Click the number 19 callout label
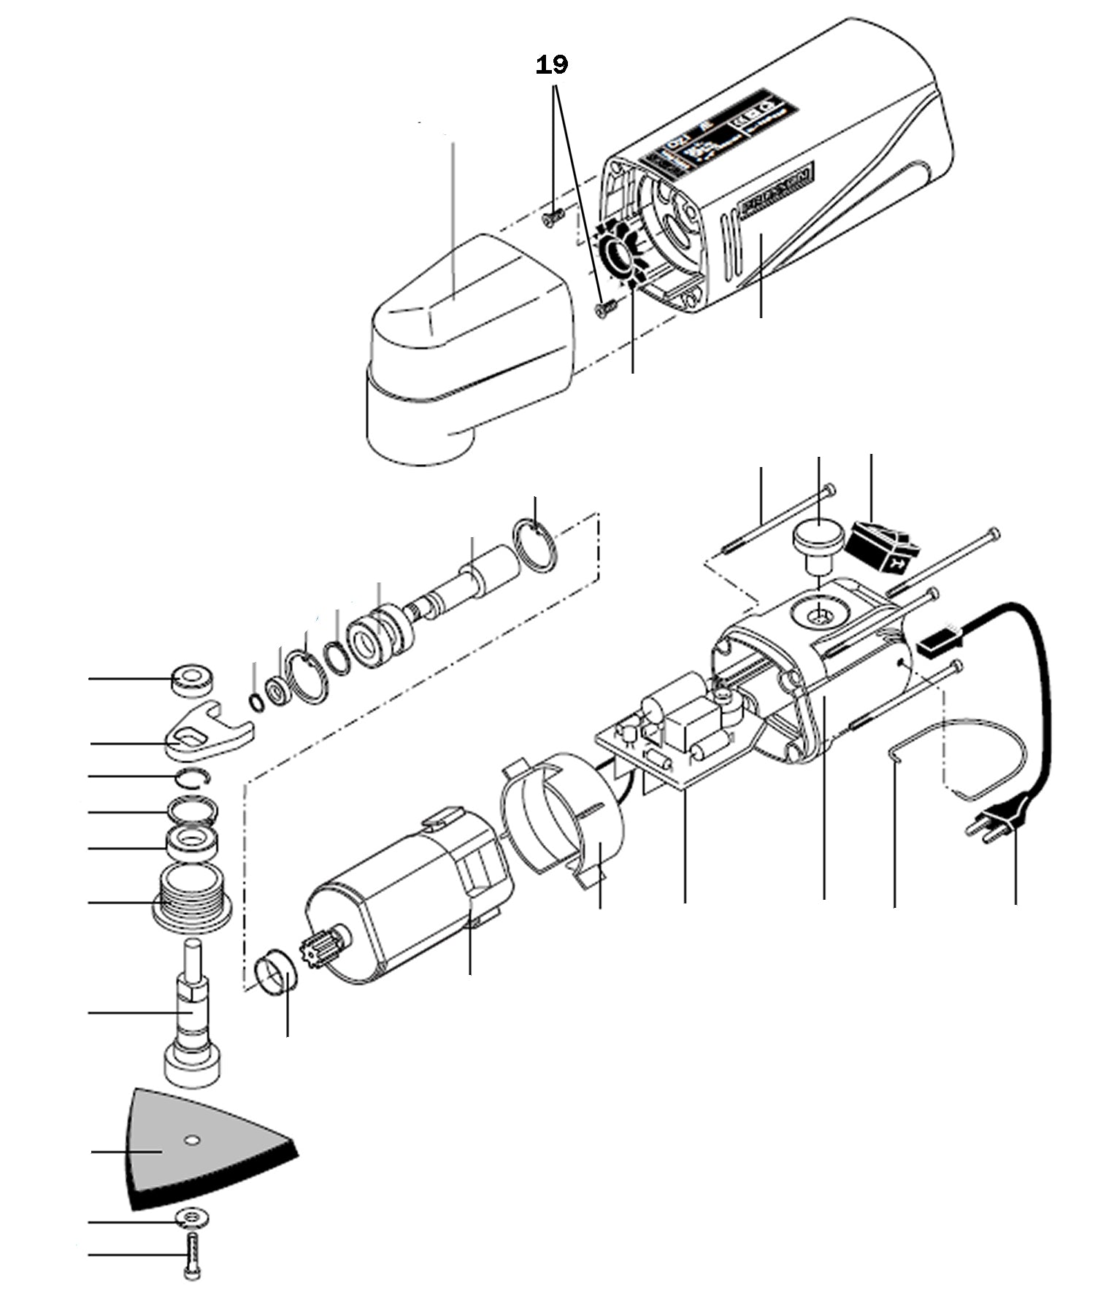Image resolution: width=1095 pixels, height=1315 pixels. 552,65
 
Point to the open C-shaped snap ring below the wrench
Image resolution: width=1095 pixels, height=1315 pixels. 193,779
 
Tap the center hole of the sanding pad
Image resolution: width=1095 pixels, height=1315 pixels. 191,1139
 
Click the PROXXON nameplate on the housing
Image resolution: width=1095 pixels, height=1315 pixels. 777,191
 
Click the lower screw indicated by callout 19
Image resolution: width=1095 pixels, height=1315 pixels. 605,310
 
